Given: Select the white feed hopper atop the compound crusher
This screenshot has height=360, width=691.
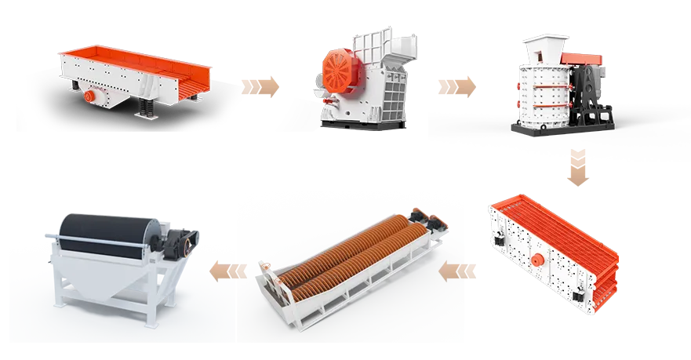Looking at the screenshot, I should [541, 47].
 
